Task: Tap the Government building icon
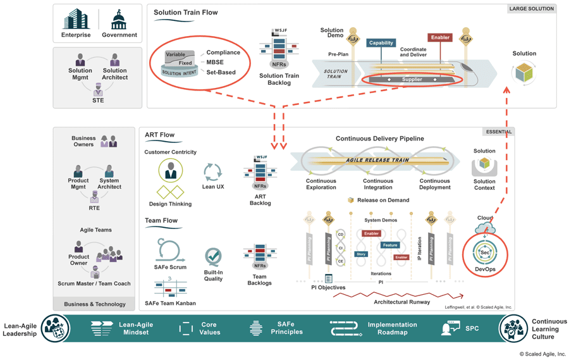point(118,20)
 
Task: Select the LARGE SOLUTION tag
point(531,9)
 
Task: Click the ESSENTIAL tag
point(499,132)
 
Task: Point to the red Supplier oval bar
point(412,80)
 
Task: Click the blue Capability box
point(381,43)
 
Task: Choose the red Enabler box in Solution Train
point(439,37)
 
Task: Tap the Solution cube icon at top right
point(524,72)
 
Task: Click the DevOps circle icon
point(485,252)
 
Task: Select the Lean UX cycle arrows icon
point(212,172)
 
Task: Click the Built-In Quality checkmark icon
point(213,256)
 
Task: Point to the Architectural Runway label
point(401,302)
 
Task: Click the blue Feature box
point(390,245)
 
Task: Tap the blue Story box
point(361,254)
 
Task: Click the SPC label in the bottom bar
point(472,328)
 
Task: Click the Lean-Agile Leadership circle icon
point(56,328)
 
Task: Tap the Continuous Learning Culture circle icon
point(513,329)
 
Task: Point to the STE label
point(97,100)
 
